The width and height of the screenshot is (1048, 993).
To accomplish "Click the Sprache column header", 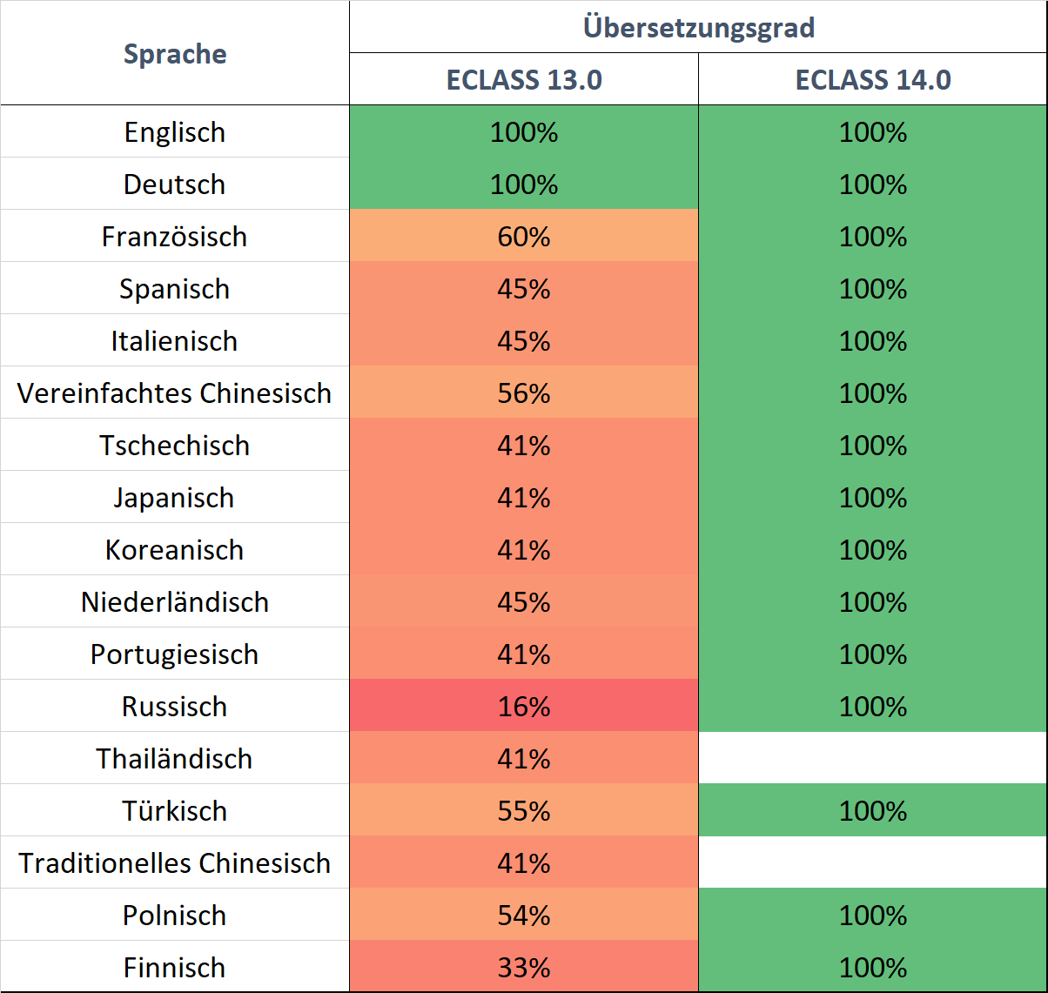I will click(175, 54).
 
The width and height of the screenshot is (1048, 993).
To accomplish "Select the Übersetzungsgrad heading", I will click(698, 27).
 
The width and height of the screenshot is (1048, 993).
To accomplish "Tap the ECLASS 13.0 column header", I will click(524, 80).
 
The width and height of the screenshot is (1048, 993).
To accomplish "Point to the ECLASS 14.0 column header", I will click(873, 80).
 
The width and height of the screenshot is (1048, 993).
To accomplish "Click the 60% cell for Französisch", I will click(524, 237).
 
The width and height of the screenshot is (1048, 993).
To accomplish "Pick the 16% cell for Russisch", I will click(524, 707).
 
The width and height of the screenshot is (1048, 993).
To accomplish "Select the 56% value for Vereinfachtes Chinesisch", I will click(524, 393).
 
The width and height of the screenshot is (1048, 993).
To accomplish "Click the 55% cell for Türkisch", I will click(524, 811).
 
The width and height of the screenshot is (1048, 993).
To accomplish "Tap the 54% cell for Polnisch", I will click(524, 916).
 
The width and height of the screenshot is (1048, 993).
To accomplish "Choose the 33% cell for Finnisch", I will click(524, 968).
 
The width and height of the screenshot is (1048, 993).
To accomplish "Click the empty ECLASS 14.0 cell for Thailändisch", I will click(873, 758).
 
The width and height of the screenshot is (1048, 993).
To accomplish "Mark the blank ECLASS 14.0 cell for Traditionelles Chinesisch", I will click(873, 862).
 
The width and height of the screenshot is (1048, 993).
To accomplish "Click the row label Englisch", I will click(175, 132).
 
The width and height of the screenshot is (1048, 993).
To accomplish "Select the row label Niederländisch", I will click(175, 602).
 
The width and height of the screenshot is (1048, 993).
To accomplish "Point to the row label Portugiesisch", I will click(175, 654).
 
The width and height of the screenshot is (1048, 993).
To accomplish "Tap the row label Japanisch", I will click(175, 498).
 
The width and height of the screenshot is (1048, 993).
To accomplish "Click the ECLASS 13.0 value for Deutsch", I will click(524, 185).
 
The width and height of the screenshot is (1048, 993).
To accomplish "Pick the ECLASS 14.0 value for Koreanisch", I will click(873, 550).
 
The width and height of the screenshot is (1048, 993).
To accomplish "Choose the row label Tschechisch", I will click(175, 446).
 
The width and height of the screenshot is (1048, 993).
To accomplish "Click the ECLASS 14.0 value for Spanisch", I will click(873, 289).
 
